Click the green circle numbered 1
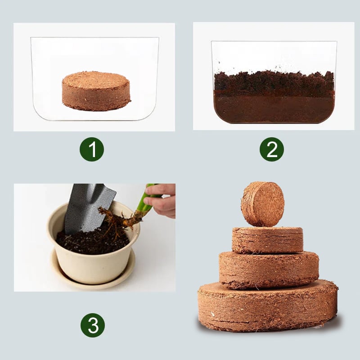(92, 149)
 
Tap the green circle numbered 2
(272, 149)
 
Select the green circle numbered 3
(93, 325)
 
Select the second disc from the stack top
(267, 240)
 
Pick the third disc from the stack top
(269, 269)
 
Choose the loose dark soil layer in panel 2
(274, 81)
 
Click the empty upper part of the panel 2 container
(274, 55)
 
